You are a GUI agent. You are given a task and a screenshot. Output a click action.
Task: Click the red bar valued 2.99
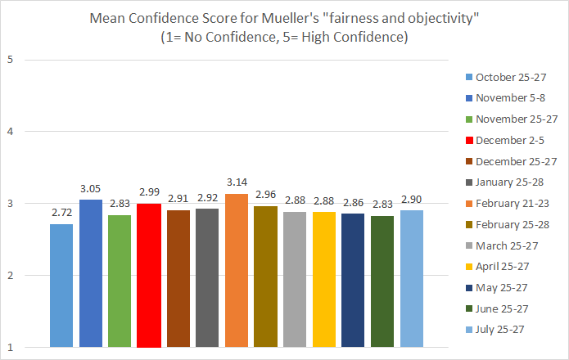click(x=149, y=276)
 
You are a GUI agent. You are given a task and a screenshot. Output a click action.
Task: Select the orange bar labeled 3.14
click(x=237, y=271)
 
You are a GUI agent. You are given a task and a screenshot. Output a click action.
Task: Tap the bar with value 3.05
click(x=91, y=274)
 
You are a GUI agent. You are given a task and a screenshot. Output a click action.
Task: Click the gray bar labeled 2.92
click(x=207, y=278)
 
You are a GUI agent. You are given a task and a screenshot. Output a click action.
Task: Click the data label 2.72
click(x=61, y=214)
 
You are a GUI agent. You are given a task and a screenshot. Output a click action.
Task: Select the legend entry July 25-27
click(x=499, y=330)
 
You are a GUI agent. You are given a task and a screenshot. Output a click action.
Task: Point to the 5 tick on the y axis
click(x=10, y=59)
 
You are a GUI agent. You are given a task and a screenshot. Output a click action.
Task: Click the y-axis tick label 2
click(x=10, y=276)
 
